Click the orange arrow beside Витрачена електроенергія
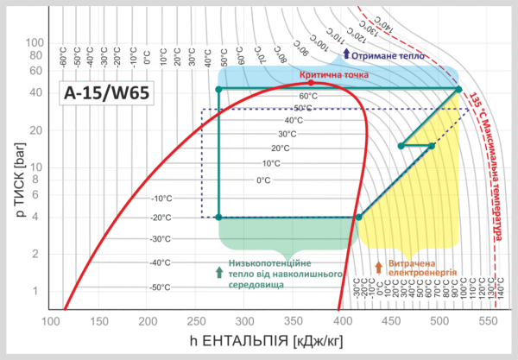(x=378, y=268)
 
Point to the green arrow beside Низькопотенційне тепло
(x=219, y=272)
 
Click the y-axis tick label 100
(x=35, y=42)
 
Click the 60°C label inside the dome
(x=308, y=96)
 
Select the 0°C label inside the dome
(x=263, y=180)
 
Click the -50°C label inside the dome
(x=161, y=287)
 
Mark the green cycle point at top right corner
(x=458, y=89)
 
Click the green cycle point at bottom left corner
(x=218, y=218)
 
